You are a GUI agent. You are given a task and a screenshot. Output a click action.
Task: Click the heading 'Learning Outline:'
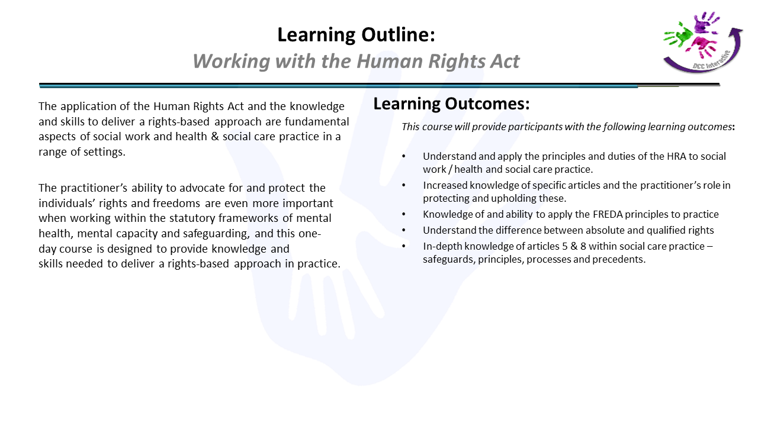(x=356, y=35)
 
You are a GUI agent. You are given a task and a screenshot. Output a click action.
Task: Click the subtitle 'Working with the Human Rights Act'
(x=356, y=61)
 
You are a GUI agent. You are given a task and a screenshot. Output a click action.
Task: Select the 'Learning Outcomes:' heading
(x=451, y=104)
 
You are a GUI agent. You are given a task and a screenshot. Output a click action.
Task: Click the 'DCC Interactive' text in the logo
(x=711, y=61)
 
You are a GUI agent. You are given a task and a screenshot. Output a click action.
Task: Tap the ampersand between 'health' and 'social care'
(x=214, y=137)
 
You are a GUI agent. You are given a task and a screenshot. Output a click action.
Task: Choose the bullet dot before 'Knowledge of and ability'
(x=404, y=214)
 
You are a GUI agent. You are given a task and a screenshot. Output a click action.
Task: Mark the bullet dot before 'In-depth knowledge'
(x=404, y=246)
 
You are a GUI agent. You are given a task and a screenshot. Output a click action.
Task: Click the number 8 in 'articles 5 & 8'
(x=583, y=246)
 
